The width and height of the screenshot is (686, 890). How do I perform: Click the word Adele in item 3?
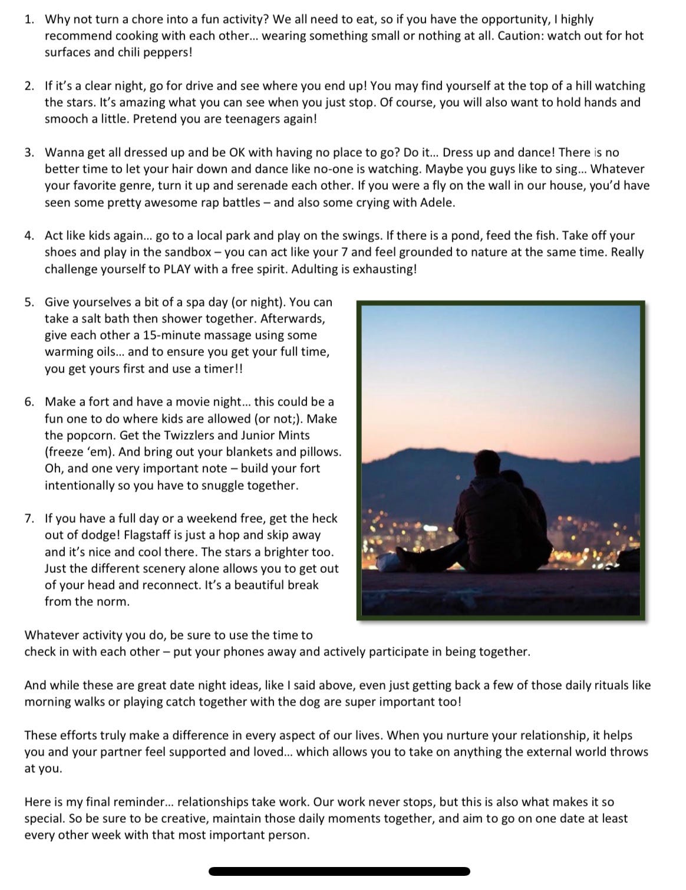(x=438, y=202)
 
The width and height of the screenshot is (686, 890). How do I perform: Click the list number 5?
(x=29, y=302)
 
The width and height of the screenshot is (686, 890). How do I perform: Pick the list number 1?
(x=29, y=19)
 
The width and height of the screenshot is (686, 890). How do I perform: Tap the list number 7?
(x=29, y=519)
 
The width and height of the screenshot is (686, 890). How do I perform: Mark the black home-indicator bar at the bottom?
(x=339, y=871)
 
